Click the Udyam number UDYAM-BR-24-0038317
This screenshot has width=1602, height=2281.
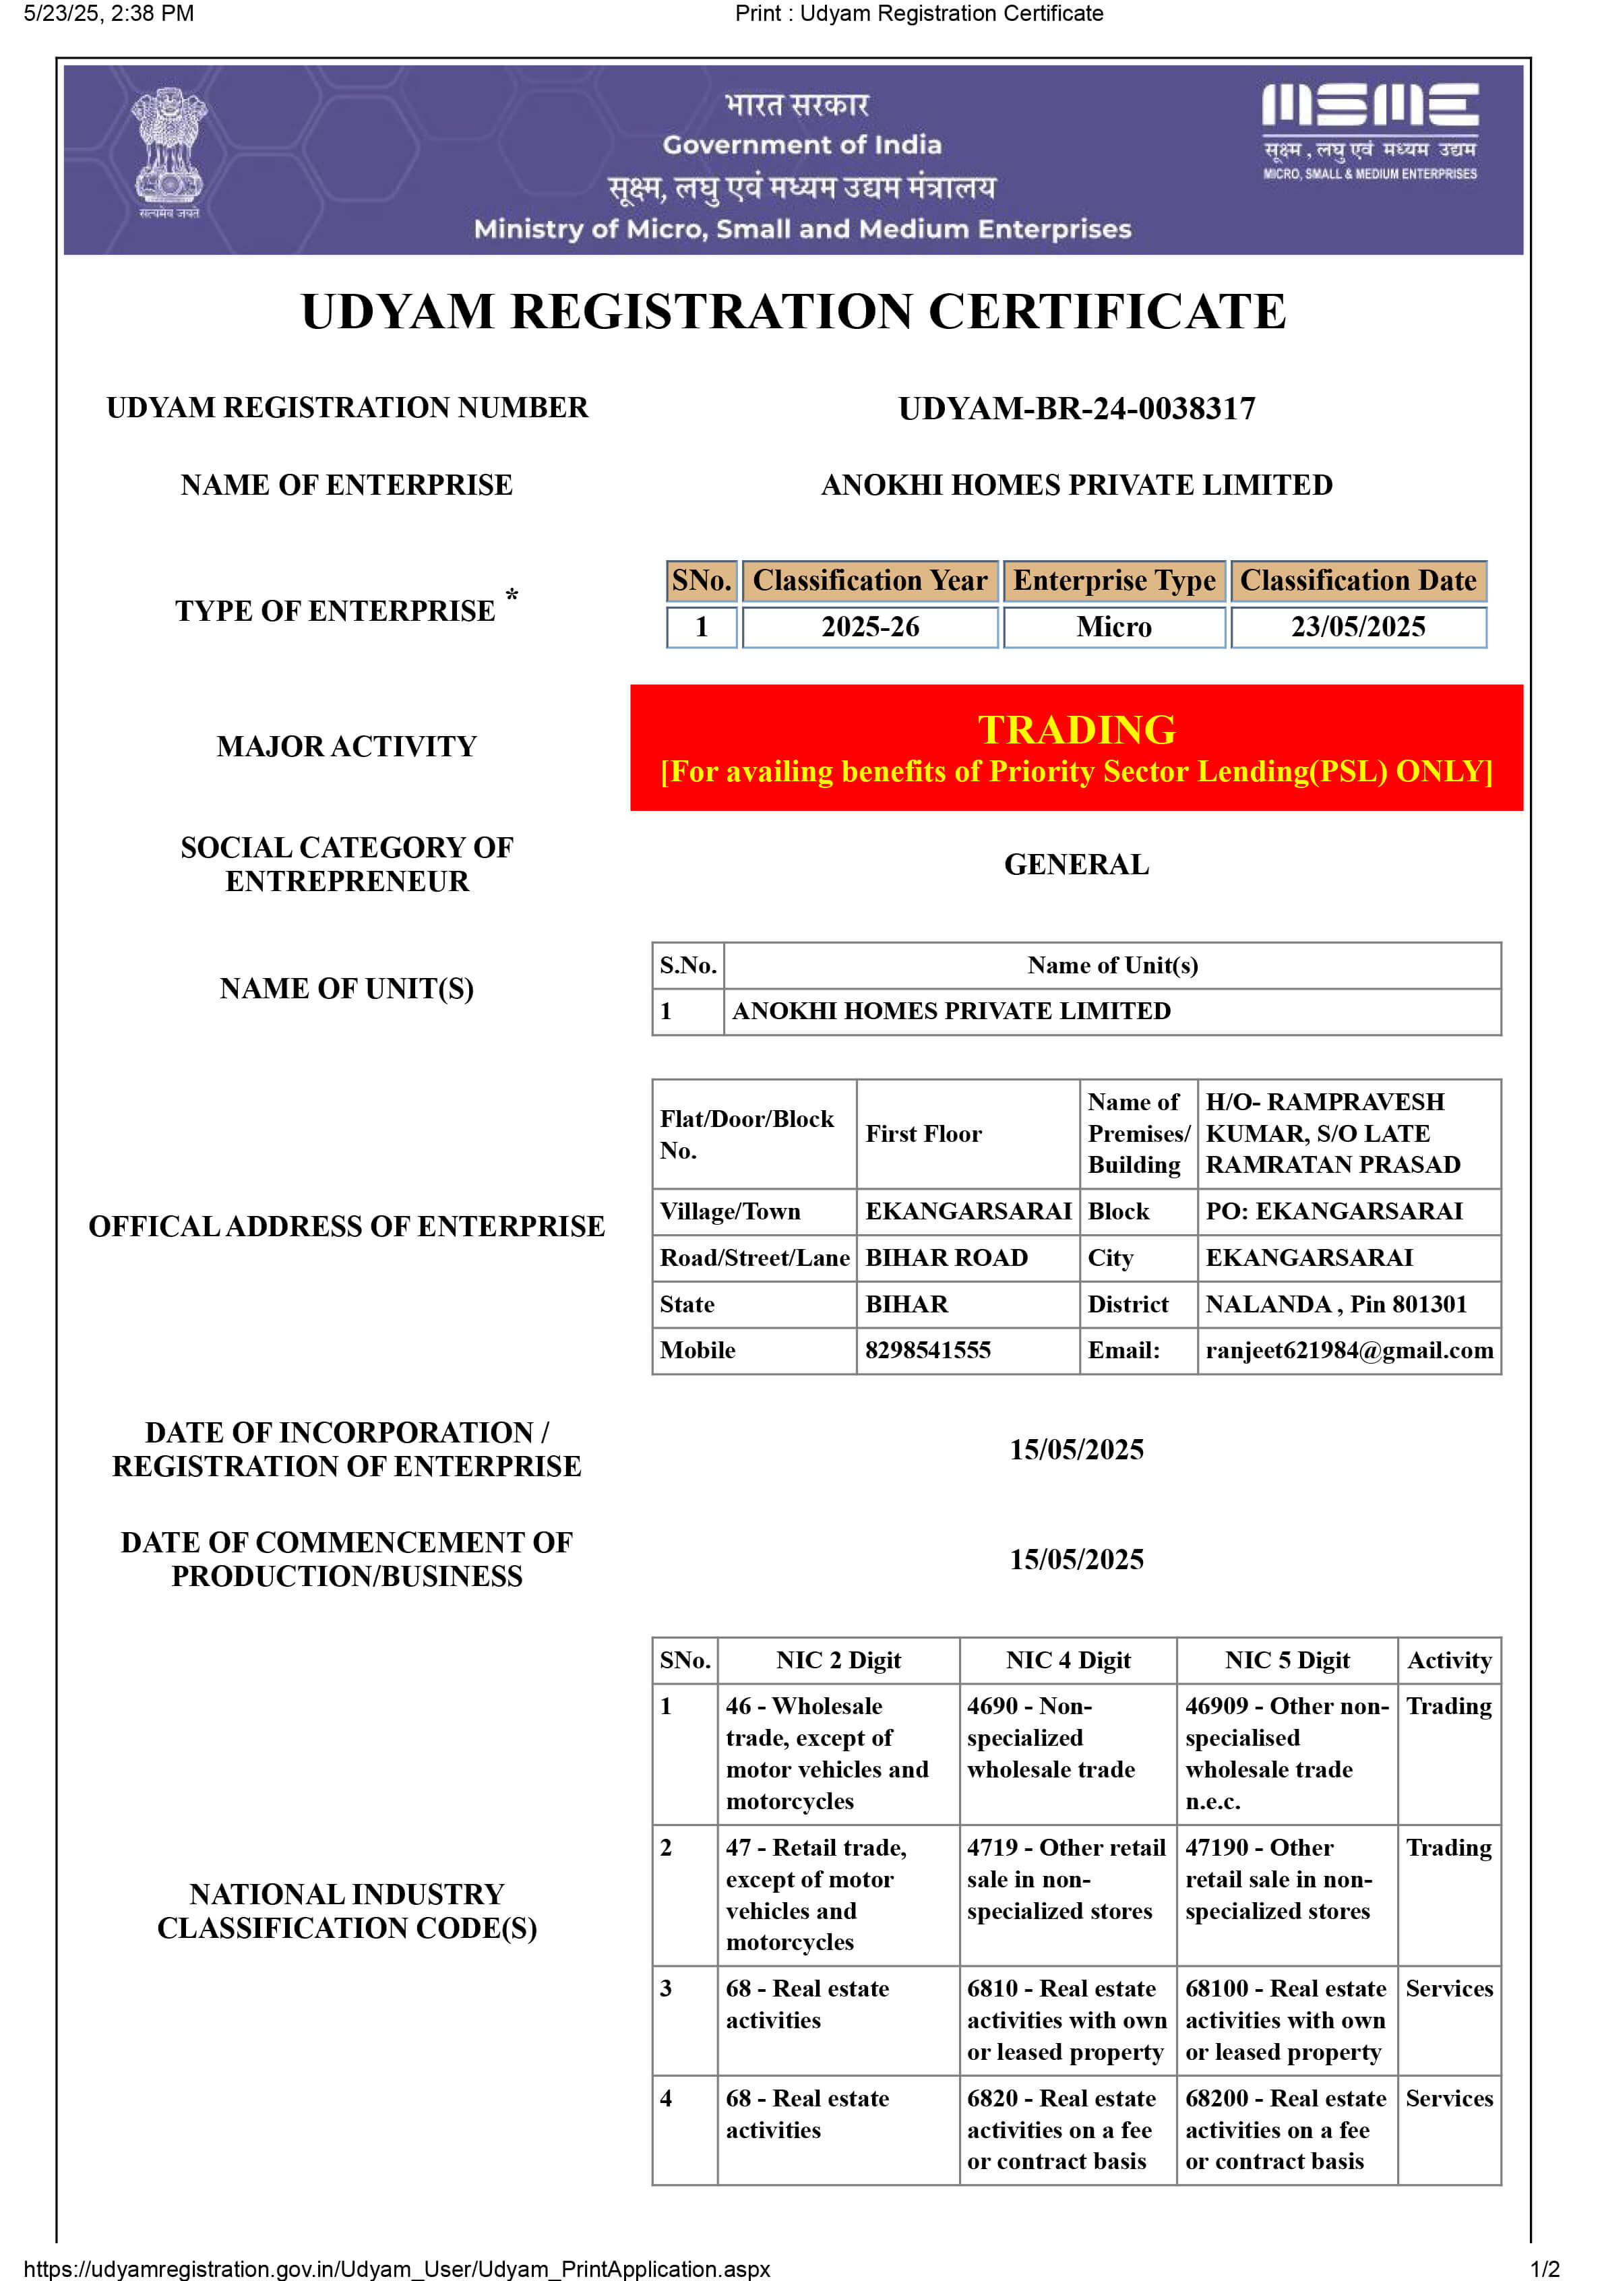pos(1076,408)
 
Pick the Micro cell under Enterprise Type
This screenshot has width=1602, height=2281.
pos(1113,627)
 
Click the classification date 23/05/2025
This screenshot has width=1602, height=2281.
pos(1357,627)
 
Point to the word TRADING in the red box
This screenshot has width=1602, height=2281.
pos(1076,729)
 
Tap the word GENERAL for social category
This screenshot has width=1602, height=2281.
pos(1076,864)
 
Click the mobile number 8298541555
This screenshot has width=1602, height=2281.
pos(927,1350)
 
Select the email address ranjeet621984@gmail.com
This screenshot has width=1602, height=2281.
pos(1349,1350)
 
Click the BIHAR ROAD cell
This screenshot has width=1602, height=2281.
pos(946,1258)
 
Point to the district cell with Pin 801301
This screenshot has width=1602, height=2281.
pos(1336,1304)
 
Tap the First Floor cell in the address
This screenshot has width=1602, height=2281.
pos(923,1134)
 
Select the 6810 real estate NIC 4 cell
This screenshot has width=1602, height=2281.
pos(1067,2019)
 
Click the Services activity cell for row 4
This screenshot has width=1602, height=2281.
pos(1449,2098)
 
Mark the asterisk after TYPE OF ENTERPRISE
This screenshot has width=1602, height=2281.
pos(512,596)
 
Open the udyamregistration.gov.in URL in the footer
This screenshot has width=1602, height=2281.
pos(397,2269)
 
